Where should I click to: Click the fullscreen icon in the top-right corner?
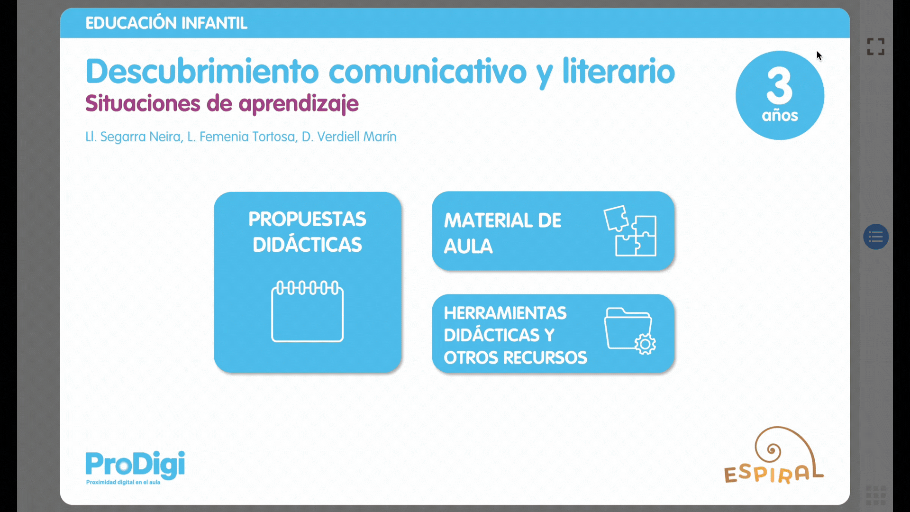tap(876, 46)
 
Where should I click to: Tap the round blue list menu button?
tap(876, 237)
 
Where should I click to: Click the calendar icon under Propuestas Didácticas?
tap(307, 311)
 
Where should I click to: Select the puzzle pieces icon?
tap(630, 231)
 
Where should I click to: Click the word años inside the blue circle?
tap(780, 115)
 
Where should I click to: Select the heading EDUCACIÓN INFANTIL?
tap(166, 23)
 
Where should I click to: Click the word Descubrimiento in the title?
tap(202, 72)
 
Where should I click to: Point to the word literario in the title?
tap(619, 72)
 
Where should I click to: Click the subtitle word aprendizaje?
tap(299, 104)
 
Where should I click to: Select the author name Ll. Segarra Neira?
tap(133, 137)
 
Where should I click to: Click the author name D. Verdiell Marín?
tap(349, 137)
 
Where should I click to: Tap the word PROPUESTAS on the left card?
tap(307, 219)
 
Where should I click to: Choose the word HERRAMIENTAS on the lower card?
tap(505, 313)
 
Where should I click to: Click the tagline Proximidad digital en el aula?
tap(123, 482)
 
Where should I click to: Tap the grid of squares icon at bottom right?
tap(876, 495)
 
